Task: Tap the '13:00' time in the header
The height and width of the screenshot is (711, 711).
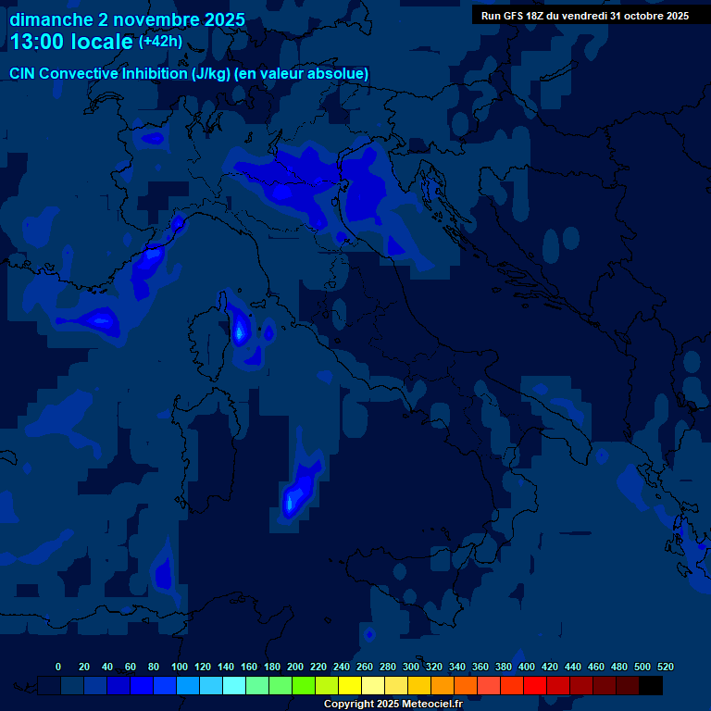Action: (37, 42)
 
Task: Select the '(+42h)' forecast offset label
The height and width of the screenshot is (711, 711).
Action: (160, 41)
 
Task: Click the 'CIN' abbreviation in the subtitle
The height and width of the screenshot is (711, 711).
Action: (23, 73)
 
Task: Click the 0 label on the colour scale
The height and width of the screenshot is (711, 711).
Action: (58, 667)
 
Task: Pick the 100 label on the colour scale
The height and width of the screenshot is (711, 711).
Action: (180, 667)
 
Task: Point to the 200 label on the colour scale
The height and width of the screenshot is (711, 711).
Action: (295, 667)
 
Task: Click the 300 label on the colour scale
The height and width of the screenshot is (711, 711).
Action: (411, 667)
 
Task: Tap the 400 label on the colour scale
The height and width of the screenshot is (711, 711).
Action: (527, 667)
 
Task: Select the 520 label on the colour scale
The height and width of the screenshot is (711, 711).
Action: (665, 667)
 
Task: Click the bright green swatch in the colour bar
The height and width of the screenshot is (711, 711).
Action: (304, 686)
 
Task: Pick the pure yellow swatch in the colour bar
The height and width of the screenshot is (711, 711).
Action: (350, 686)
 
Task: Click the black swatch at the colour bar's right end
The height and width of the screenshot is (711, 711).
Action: (651, 686)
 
